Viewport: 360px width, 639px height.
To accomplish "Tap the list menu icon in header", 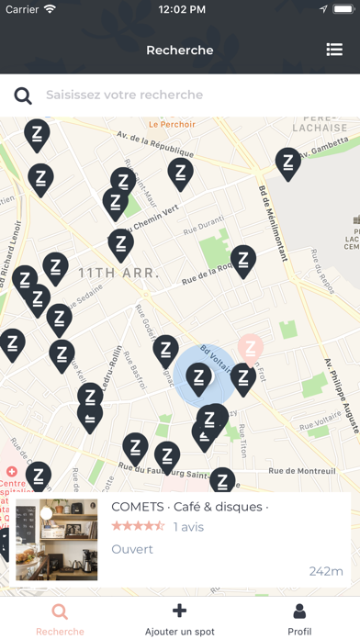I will pyautogui.click(x=334, y=50).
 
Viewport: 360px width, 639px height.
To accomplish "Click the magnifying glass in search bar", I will pyautogui.click(x=23, y=95).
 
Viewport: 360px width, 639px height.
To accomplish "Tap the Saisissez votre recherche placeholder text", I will pyautogui.click(x=125, y=95).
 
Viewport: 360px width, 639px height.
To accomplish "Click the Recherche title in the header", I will pyautogui.click(x=180, y=50).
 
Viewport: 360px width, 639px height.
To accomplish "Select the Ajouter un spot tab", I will pyautogui.click(x=180, y=619).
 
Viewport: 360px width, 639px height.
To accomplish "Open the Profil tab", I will pyautogui.click(x=299, y=619).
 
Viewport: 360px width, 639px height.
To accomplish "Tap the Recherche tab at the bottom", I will pyautogui.click(x=60, y=619).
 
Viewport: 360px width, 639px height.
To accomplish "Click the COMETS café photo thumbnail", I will pyautogui.click(x=57, y=540).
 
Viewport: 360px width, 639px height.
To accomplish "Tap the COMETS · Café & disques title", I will pyautogui.click(x=189, y=507).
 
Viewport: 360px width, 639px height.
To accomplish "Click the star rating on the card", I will pyautogui.click(x=138, y=526).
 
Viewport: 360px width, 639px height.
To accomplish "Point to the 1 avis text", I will pyautogui.click(x=188, y=527).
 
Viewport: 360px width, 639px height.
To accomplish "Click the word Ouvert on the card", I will pyautogui.click(x=132, y=549).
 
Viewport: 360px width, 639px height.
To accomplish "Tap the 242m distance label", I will pyautogui.click(x=326, y=571).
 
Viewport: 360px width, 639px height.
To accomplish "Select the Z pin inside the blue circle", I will pyautogui.click(x=199, y=377).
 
